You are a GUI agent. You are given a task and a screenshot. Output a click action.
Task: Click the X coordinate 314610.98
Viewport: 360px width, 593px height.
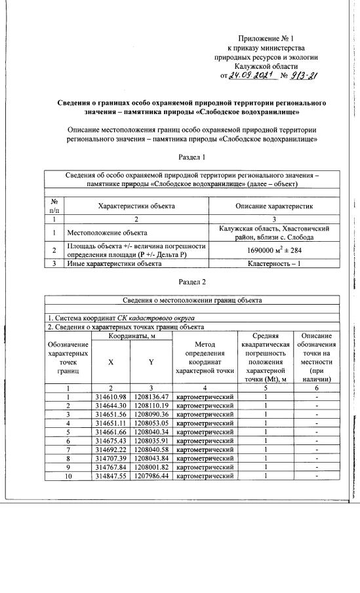pyautogui.click(x=110, y=396)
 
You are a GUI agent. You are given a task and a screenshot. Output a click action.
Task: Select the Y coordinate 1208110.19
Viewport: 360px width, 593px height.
pyautogui.click(x=151, y=406)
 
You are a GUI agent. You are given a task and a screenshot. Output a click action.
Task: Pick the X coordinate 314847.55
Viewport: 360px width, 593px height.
pyautogui.click(x=110, y=475)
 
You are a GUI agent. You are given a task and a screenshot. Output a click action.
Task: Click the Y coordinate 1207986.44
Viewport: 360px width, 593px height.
pyautogui.click(x=151, y=475)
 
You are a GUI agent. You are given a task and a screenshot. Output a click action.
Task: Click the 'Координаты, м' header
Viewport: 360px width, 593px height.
pyautogui.click(x=130, y=335)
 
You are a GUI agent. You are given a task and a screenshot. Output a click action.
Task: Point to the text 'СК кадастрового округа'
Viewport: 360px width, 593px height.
pyautogui.click(x=156, y=318)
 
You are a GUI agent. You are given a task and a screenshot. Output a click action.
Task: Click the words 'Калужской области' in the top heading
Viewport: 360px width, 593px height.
pyautogui.click(x=264, y=66)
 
